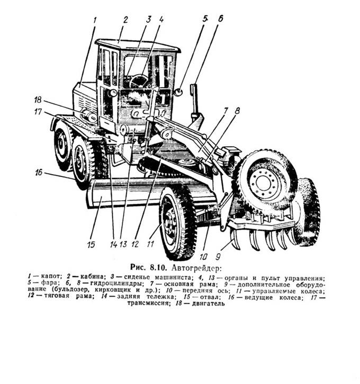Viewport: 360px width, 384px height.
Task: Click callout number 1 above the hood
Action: coord(95,20)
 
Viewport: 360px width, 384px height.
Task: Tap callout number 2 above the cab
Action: coord(125,20)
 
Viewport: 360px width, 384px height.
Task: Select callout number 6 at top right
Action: coord(220,18)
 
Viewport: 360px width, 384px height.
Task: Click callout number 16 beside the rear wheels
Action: coord(39,173)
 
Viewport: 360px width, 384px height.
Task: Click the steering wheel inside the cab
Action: coord(139,81)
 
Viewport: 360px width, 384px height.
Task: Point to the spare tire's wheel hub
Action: coord(262,182)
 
